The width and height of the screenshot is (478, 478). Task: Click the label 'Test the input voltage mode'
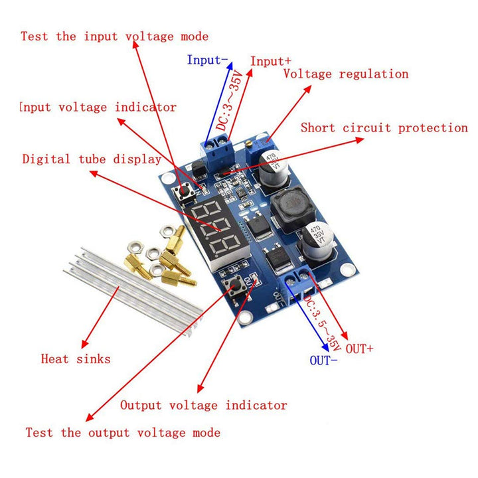(x=114, y=36)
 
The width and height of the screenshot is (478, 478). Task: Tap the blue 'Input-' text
(x=207, y=60)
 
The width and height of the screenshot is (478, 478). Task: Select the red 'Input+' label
(x=271, y=61)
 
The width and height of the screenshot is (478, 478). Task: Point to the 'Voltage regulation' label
(x=345, y=74)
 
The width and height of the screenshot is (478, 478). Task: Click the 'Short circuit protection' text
(x=384, y=127)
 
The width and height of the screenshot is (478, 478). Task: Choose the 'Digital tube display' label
(x=92, y=159)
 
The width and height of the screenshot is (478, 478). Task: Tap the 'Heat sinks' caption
(x=76, y=358)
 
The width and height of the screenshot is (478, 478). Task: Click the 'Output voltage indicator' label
(x=203, y=405)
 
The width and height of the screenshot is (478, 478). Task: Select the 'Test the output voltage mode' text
(x=123, y=432)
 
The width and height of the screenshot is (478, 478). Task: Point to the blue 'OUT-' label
(x=324, y=360)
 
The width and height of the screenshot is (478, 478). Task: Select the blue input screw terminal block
(x=218, y=151)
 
